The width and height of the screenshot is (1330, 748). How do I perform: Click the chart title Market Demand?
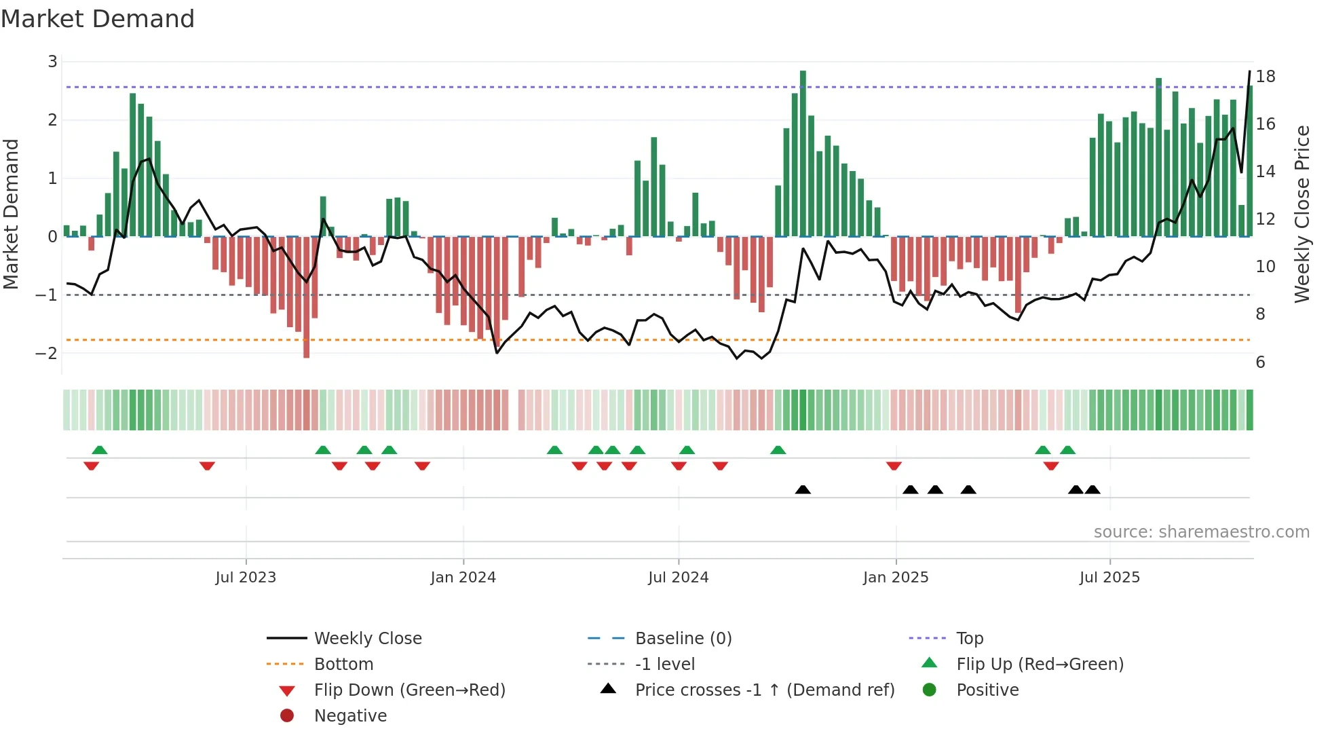point(98,19)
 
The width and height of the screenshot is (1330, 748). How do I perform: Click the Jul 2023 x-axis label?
point(246,577)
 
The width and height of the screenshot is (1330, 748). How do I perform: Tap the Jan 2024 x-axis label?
point(463,577)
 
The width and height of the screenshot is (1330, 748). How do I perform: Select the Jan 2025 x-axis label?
point(896,577)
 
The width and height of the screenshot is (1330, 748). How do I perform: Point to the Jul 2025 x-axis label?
point(1109,577)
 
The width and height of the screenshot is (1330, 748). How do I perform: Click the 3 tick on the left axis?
point(52,62)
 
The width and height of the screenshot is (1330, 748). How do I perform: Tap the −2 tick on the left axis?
point(47,353)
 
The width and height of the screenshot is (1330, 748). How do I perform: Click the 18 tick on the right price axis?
point(1266,77)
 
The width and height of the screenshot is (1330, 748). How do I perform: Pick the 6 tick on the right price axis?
point(1260,362)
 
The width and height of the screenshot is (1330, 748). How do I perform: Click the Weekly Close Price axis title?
point(1301,214)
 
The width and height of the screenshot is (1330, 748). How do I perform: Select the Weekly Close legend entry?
point(367,638)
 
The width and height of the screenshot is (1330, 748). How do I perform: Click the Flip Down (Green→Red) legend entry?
point(409,690)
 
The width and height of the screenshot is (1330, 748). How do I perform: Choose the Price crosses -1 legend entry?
point(764,690)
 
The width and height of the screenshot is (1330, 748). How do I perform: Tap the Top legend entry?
point(969,638)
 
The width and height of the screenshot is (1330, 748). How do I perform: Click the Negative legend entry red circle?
point(287,715)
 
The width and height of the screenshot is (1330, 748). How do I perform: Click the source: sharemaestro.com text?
point(1201,531)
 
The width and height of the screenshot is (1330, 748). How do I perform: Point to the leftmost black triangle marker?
point(803,489)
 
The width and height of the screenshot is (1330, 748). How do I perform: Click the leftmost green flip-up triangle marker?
point(100,449)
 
